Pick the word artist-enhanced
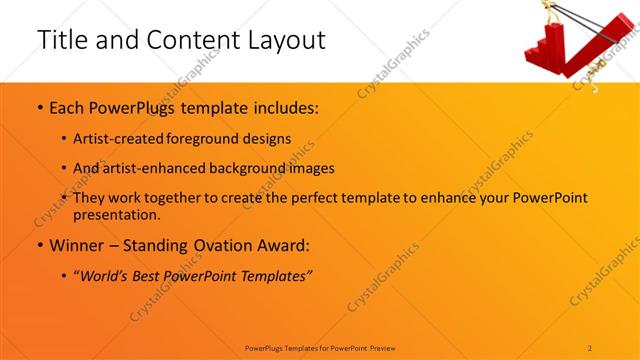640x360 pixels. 157,169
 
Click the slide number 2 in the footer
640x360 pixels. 590,347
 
